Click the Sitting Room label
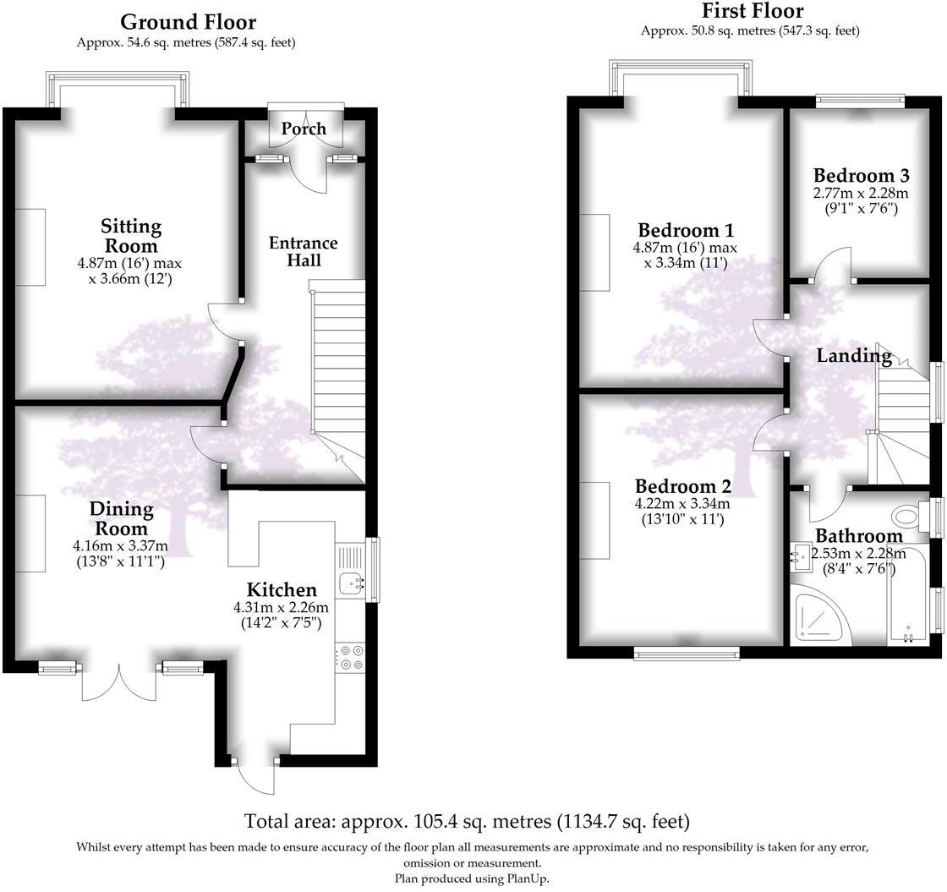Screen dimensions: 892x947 131,236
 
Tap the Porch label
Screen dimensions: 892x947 304,129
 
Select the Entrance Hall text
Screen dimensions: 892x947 304,251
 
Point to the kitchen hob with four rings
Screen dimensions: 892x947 350,658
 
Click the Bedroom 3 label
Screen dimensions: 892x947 861,176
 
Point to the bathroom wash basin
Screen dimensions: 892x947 801,558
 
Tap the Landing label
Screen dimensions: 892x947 854,356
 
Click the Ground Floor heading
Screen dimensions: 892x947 188,21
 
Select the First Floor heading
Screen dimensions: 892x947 753,11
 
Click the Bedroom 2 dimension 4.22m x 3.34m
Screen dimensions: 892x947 682,504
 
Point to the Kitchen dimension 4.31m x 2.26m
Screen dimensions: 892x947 281,607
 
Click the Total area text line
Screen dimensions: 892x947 467,820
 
